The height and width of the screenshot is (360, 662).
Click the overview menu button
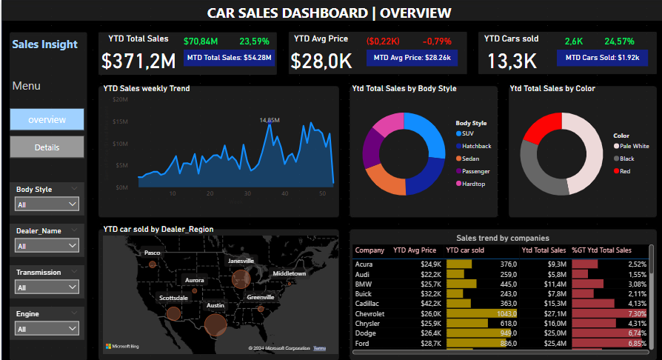(x=47, y=119)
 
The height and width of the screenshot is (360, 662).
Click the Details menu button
(x=47, y=147)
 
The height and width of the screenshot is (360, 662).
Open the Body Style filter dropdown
(x=47, y=204)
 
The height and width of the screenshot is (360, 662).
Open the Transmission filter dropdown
(x=47, y=287)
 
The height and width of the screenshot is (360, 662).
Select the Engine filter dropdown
(x=47, y=328)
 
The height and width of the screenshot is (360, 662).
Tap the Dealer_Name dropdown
(x=47, y=245)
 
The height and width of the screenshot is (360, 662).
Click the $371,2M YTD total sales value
(x=138, y=61)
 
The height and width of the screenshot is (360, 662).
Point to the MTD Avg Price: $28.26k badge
(x=415, y=57)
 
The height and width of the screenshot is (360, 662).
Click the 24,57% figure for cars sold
(x=619, y=41)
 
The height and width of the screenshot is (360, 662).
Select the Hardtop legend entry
(x=474, y=183)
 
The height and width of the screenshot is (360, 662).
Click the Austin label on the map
(x=215, y=305)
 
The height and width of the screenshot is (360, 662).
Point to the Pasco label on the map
(x=152, y=253)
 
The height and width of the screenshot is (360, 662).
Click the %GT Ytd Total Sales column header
(x=601, y=250)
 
